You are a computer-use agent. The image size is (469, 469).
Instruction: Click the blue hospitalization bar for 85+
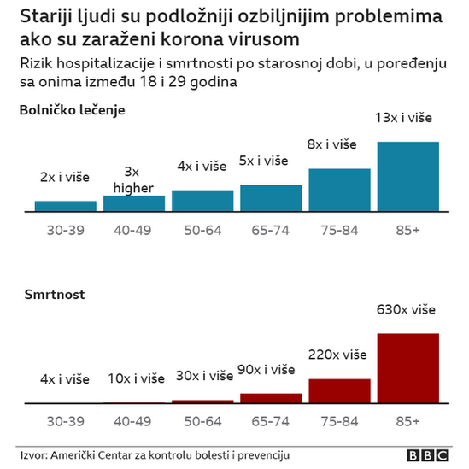(407, 175)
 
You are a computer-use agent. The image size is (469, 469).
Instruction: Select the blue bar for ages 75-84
(339, 189)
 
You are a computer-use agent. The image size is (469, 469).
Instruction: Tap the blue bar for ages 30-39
(65, 205)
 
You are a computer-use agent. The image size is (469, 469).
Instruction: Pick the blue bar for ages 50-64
(202, 200)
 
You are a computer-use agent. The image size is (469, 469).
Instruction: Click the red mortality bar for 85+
(407, 367)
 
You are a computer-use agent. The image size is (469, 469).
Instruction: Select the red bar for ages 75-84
(339, 390)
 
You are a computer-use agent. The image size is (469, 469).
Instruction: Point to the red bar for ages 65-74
(271, 397)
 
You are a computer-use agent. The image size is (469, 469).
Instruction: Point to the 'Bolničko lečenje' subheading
(73, 110)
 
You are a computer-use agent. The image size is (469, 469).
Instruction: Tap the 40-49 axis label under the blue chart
(133, 229)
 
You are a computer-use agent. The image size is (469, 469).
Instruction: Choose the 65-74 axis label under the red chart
(271, 421)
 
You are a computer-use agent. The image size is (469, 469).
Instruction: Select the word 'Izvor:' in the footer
(35, 455)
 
